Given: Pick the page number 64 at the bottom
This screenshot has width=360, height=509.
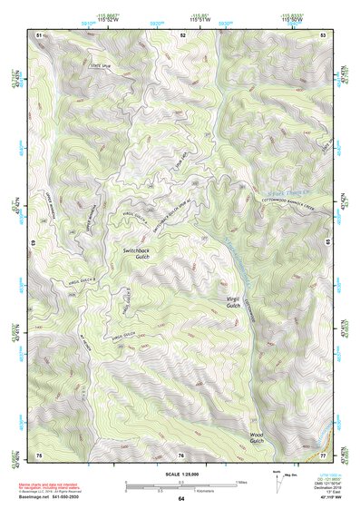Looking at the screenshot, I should coord(180,499).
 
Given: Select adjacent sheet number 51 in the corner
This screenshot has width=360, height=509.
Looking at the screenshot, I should coord(39,34).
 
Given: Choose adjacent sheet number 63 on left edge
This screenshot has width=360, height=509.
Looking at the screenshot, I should coord(36,242).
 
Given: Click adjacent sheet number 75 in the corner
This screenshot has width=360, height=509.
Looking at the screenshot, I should coord(39,453).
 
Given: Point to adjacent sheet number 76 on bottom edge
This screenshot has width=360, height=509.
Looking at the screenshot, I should coord(180,453).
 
